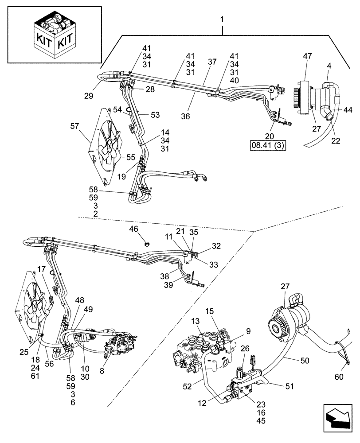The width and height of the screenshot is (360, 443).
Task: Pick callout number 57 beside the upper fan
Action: pos(75,126)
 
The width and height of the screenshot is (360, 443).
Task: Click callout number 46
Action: pos(133,229)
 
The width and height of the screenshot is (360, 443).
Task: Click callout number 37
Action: pos(212,62)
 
